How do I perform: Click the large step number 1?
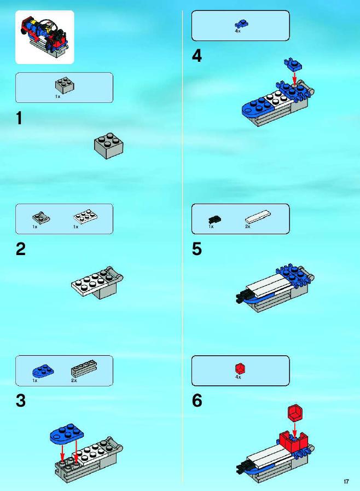coord(19,119)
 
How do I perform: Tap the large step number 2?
coord(21,249)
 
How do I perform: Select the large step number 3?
coord(21,401)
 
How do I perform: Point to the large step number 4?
coord(197,56)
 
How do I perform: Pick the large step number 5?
coord(197,249)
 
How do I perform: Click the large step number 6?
coord(197,401)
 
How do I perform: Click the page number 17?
coord(346,481)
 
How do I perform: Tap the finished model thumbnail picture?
coord(45,37)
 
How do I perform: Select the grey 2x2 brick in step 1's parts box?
coord(65,85)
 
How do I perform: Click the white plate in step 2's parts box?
coord(85,216)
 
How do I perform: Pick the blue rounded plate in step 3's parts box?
coord(43,371)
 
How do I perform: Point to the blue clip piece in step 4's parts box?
coord(241,24)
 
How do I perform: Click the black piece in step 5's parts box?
coord(215,219)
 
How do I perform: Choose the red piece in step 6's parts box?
coord(240,368)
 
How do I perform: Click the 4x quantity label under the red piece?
coord(238,377)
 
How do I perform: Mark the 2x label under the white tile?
coord(248,227)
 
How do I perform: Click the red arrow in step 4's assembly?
coord(294,78)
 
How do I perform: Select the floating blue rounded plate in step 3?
coord(67,434)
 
